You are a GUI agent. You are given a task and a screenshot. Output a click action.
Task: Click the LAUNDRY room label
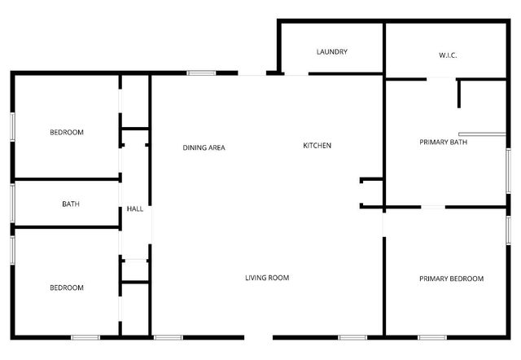(x=332, y=52)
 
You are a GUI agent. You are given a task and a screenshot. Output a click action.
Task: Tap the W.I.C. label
(x=447, y=55)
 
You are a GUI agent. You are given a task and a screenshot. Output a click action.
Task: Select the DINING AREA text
(x=204, y=147)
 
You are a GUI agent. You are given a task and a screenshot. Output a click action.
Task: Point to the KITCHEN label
(x=317, y=146)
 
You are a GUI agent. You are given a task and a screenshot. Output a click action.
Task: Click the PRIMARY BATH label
(x=443, y=143)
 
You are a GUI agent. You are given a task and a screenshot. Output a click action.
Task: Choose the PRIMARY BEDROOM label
(x=451, y=279)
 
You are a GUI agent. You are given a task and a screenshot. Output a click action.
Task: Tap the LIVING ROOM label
(x=267, y=278)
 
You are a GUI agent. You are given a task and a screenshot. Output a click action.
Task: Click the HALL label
(x=135, y=209)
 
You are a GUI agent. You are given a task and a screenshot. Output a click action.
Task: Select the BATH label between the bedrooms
(x=71, y=204)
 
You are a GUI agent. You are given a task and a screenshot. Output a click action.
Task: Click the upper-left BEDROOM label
(x=67, y=132)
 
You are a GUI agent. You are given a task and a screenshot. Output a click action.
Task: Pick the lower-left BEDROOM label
(x=67, y=288)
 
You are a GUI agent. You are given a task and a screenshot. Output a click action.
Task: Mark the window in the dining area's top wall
(x=201, y=73)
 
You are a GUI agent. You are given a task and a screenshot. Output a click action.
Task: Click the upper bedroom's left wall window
(x=12, y=127)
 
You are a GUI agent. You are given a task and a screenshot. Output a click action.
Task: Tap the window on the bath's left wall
(x=12, y=202)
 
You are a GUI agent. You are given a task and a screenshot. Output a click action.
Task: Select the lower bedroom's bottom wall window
(x=85, y=337)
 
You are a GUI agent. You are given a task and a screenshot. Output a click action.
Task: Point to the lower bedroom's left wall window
(x=12, y=249)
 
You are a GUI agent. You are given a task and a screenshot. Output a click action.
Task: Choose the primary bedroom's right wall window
(x=508, y=230)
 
